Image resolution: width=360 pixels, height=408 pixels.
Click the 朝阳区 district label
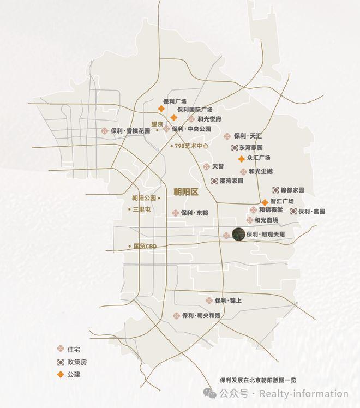185,191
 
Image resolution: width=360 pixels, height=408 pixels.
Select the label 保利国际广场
195,110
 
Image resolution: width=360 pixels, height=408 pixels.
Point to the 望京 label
157,124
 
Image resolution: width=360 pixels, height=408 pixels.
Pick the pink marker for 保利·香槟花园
104,131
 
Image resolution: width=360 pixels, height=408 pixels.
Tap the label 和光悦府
209,118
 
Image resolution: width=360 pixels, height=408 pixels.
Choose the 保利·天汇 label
248,136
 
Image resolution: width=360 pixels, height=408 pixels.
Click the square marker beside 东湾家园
234,147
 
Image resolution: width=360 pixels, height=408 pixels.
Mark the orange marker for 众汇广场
241,159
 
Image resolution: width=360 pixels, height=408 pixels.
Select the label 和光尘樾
261,171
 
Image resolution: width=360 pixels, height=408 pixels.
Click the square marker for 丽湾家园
214,181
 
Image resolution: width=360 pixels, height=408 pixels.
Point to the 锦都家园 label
292,190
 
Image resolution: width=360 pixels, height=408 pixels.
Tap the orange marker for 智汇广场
265,202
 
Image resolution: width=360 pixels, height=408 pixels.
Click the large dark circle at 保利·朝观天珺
238,234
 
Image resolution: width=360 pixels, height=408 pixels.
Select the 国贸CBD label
145,246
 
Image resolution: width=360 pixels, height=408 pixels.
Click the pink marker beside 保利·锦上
209,301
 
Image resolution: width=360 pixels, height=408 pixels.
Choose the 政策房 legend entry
76,362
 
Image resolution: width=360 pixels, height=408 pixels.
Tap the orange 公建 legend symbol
61,374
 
